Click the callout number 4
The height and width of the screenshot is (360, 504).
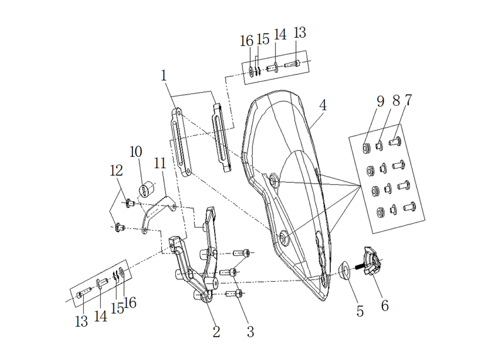pos(323,105)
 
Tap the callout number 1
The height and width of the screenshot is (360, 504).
pos(164,76)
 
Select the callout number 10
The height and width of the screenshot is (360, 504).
pos(136,152)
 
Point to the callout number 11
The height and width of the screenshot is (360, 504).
pos(160,163)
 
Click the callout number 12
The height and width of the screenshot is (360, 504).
pos(117,170)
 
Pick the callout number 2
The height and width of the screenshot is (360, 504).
pos(216,332)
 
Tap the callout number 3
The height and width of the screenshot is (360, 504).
pos(250,332)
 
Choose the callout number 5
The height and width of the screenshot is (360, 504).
pos(360,311)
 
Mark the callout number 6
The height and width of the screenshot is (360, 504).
pos(385,305)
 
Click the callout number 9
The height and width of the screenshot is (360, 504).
pos(381,102)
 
